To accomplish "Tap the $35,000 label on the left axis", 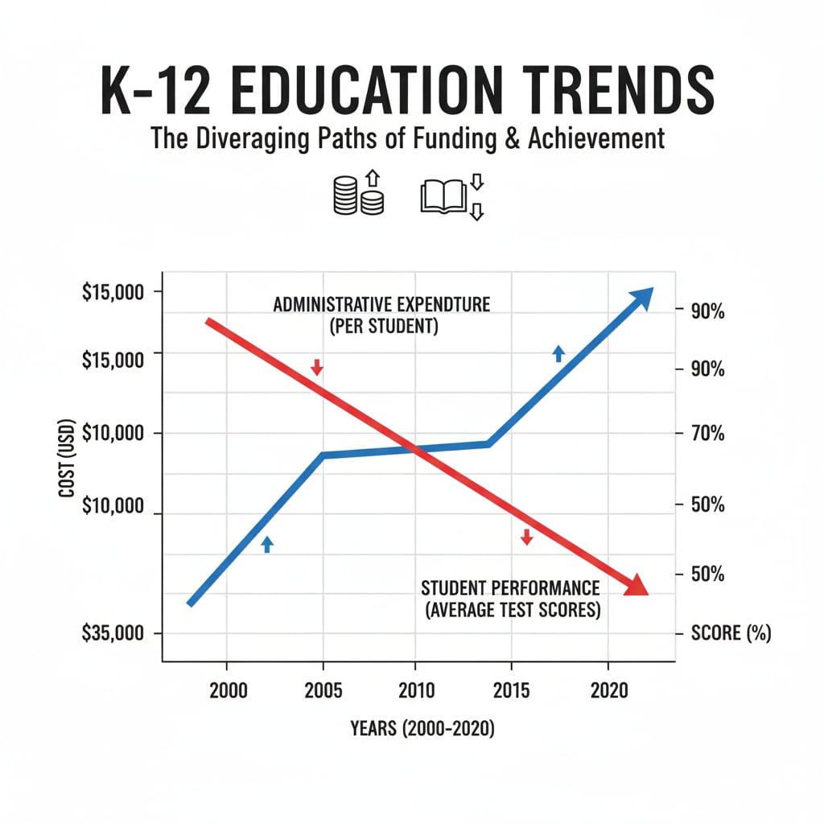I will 113,633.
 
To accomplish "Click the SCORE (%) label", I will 731,633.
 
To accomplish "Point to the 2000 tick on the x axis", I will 226,690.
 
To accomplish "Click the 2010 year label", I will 415,690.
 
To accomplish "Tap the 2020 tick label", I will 606,690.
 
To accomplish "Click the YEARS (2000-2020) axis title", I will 422,729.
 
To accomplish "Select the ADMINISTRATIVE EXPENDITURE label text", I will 381,306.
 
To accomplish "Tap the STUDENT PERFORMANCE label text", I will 511,587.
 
